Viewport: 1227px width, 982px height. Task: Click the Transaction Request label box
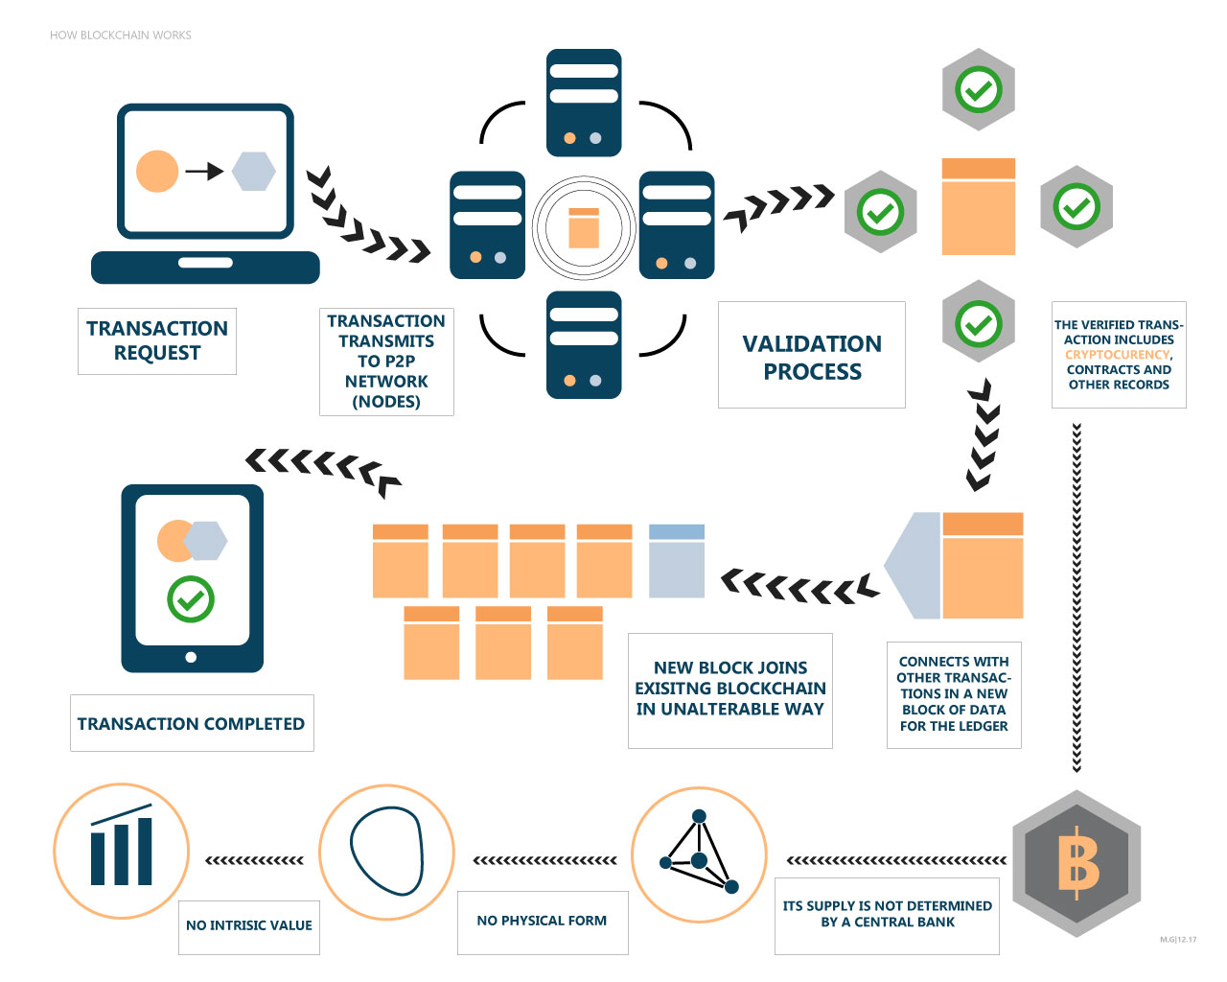click(157, 340)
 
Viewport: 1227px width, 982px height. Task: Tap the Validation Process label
click(812, 357)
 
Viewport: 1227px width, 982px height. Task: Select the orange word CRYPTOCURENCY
click(1118, 355)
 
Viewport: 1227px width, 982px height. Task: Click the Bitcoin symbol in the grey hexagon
click(1077, 863)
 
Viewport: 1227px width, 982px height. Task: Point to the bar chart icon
click(122, 849)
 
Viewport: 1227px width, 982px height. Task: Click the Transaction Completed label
click(192, 723)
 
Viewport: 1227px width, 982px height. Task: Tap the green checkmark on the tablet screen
click(191, 599)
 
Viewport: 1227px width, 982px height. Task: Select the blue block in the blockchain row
click(677, 561)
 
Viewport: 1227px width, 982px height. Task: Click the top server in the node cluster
click(584, 103)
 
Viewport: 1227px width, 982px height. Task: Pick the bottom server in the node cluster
click(584, 345)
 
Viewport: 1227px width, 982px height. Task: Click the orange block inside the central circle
click(584, 228)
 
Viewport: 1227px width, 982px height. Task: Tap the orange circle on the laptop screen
click(157, 172)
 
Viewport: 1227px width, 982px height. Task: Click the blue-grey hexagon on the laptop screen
click(253, 172)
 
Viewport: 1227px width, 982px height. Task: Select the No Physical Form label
click(542, 921)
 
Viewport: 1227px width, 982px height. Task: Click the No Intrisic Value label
click(249, 925)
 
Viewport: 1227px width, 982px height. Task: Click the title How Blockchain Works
click(121, 35)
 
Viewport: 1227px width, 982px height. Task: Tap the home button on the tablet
click(191, 657)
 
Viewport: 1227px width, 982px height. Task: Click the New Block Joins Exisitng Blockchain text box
click(730, 689)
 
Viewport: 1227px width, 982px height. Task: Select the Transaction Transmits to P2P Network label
click(386, 361)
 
